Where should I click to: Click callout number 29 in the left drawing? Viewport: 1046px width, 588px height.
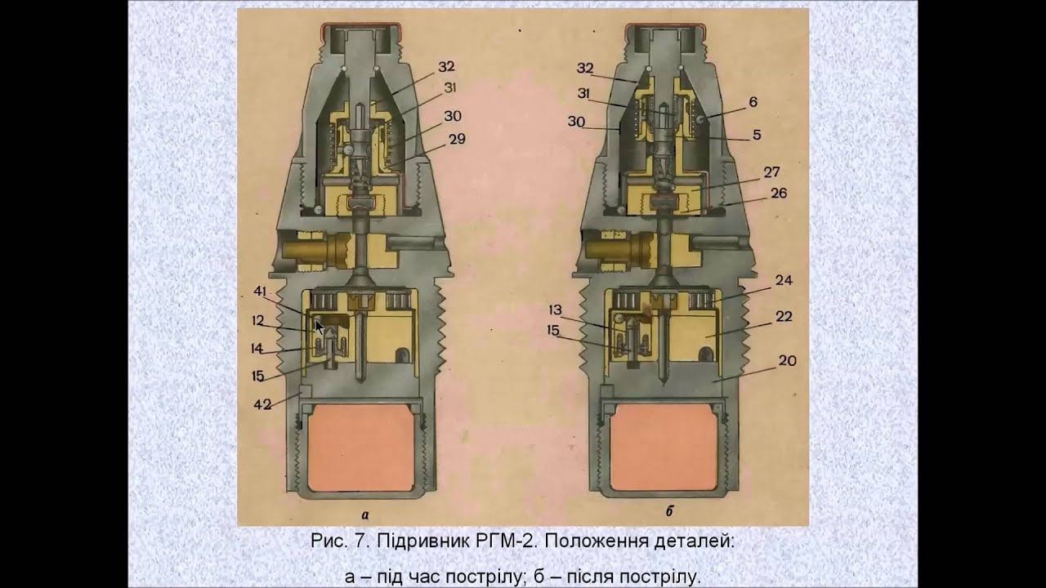457,139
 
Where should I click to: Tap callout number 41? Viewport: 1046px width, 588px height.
260,291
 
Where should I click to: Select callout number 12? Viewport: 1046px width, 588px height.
257,320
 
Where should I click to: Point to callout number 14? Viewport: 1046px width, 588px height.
257,349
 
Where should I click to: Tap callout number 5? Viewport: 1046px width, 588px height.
757,135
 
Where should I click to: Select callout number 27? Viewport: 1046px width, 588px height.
772,172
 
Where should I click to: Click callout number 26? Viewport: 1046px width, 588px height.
778,194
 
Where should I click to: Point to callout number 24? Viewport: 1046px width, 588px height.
784,280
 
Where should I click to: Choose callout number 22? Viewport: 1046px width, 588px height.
783,317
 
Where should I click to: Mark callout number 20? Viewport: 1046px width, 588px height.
787,360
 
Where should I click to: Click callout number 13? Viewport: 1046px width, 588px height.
556,310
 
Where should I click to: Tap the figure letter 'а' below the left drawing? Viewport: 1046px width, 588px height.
364,514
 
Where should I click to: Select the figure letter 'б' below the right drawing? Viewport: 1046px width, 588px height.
668,513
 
